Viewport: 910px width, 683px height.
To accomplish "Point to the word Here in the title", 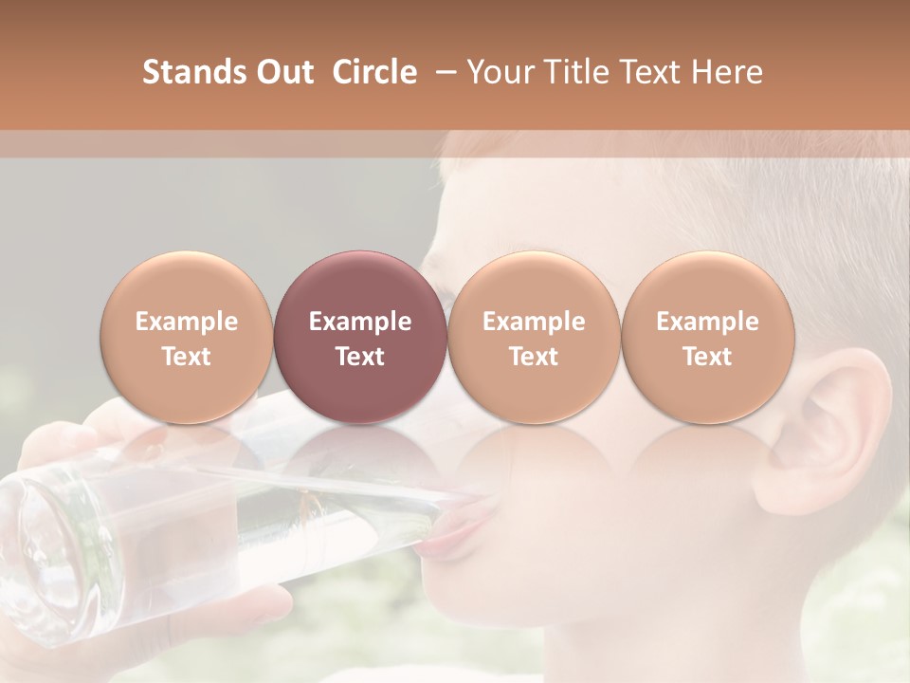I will tap(730, 72).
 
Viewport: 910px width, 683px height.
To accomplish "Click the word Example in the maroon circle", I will tap(360, 322).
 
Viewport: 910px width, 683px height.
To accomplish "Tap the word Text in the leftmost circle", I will tap(187, 357).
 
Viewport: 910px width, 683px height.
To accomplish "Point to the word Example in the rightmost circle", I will tap(707, 322).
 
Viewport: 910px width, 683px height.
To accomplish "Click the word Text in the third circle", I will tap(534, 357).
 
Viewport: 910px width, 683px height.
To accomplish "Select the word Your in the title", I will tap(498, 72).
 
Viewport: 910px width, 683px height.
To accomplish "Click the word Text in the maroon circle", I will tap(360, 357).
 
